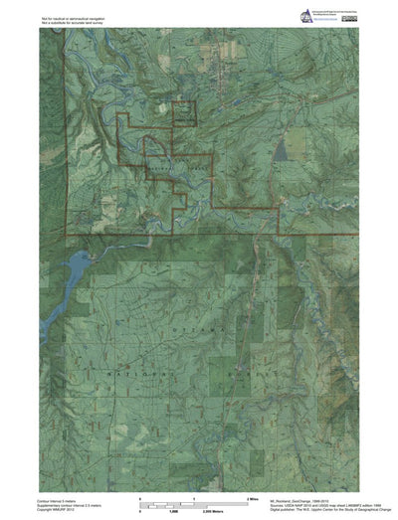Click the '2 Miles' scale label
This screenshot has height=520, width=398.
[x=240, y=494]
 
